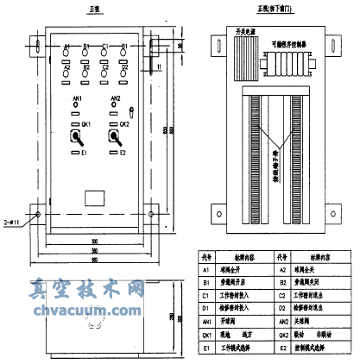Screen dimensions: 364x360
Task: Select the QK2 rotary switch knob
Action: click(112, 137)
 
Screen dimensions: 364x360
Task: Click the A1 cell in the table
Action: click(205, 268)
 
